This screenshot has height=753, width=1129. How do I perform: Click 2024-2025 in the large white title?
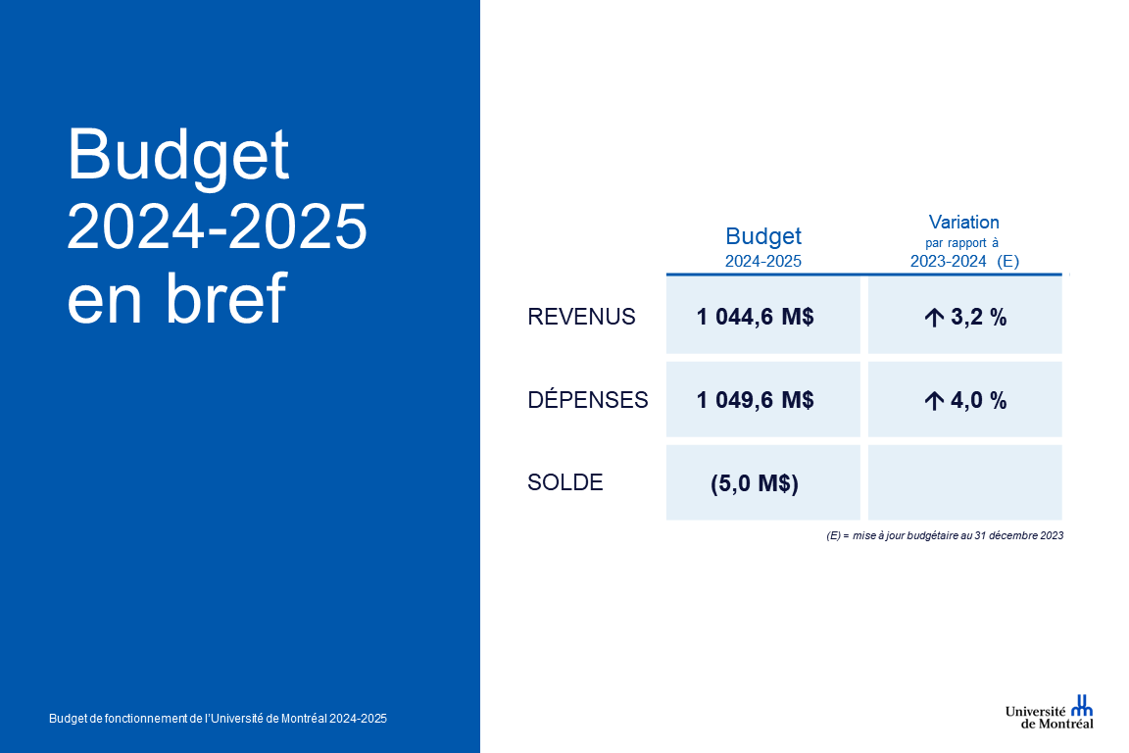pyautogui.click(x=217, y=226)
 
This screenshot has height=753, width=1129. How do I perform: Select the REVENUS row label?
pyautogui.click(x=581, y=317)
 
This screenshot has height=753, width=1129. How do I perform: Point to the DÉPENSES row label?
pyautogui.click(x=588, y=399)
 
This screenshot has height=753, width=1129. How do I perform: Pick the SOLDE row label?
pyautogui.click(x=565, y=482)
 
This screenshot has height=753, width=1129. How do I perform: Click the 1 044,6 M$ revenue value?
pyautogui.click(x=756, y=317)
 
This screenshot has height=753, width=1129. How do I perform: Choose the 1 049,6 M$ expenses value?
pyautogui.click(x=756, y=400)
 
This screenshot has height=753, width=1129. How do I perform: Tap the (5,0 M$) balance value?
pyautogui.click(x=755, y=482)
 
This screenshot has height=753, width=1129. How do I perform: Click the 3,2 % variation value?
pyautogui.click(x=978, y=317)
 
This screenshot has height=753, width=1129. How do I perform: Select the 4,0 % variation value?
pyautogui.click(x=978, y=401)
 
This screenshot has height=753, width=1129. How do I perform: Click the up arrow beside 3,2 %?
pyautogui.click(x=934, y=318)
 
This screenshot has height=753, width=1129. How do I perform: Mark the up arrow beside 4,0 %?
pyautogui.click(x=934, y=401)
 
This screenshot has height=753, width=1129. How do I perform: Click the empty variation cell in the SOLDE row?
pyautogui.click(x=964, y=482)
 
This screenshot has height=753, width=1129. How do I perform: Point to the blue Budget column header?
pyautogui.click(x=763, y=236)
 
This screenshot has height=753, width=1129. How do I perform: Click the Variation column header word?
pyautogui.click(x=964, y=222)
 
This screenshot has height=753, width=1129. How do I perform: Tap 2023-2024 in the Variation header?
pyautogui.click(x=948, y=261)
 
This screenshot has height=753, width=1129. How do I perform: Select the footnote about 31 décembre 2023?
pyautogui.click(x=945, y=535)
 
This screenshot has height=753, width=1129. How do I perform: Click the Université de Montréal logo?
pyautogui.click(x=1050, y=712)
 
